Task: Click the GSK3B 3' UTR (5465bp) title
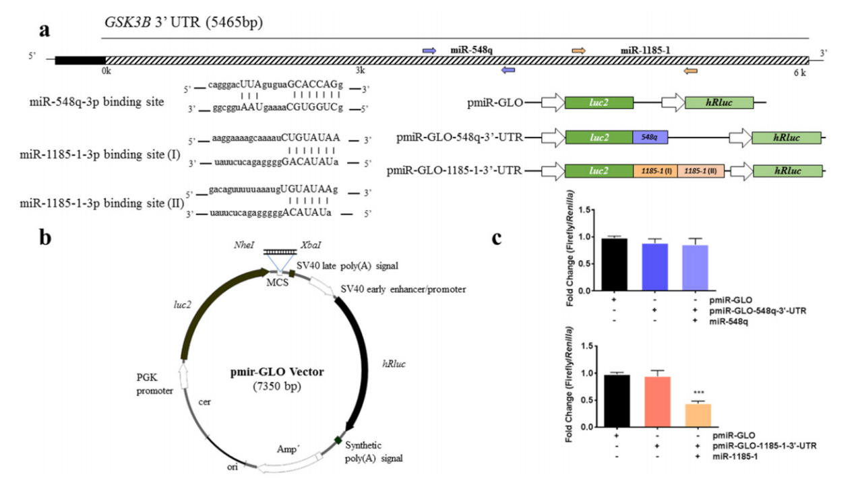(x=183, y=23)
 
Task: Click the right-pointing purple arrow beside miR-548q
(x=429, y=51)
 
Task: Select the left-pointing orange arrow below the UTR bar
(x=690, y=70)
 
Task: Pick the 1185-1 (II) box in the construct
(x=700, y=171)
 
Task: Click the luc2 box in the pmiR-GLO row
(x=598, y=102)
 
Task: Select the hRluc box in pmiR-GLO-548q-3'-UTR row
(x=787, y=137)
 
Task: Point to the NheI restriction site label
(x=243, y=245)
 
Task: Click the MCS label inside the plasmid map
(x=278, y=282)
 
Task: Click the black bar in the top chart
(x=614, y=265)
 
